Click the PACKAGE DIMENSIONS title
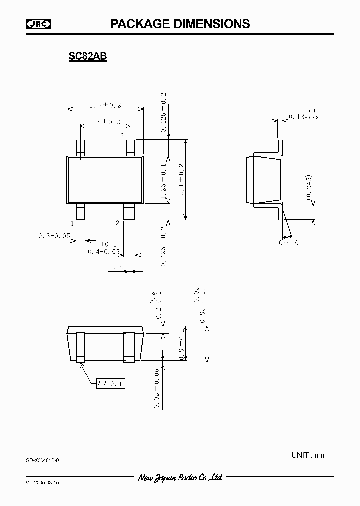click(180, 23)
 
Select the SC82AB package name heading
click(88, 57)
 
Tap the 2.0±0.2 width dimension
click(105, 105)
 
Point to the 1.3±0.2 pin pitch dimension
click(104, 122)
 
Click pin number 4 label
click(72, 136)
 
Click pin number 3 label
click(122, 136)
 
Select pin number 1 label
click(72, 223)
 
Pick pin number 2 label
click(118, 223)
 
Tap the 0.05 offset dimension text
click(117, 267)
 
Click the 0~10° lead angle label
click(291, 243)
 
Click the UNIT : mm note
click(309, 455)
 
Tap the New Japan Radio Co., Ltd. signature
click(180, 478)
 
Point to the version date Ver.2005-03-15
click(45, 484)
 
